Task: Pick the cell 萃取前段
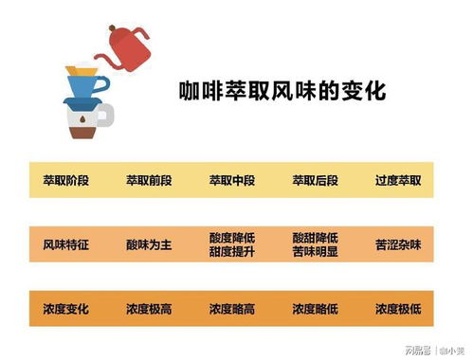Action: pyautogui.click(x=149, y=180)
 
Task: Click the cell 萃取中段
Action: pyautogui.click(x=232, y=180)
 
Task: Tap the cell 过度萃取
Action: pyautogui.click(x=398, y=180)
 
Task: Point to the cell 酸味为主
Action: pyautogui.click(x=149, y=244)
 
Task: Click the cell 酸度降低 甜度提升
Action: pyautogui.click(x=232, y=244)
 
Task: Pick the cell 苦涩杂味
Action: pyautogui.click(x=398, y=244)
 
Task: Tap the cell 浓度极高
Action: pyautogui.click(x=149, y=309)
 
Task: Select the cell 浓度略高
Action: pyautogui.click(x=232, y=309)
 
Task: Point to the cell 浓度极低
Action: pyautogui.click(x=398, y=309)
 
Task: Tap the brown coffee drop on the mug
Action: pyautogui.click(x=82, y=120)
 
